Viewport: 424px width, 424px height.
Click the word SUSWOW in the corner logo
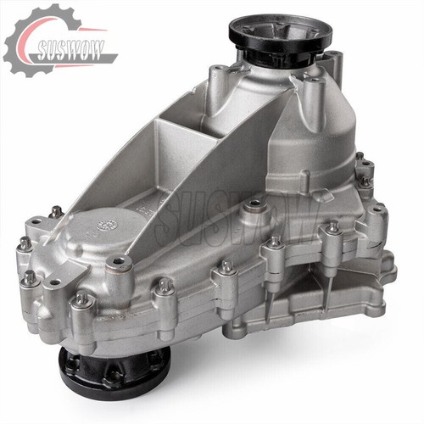[70, 50]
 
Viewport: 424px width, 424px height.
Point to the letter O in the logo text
[85, 50]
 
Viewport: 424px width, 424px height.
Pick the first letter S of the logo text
[43, 51]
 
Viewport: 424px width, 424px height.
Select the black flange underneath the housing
[114, 371]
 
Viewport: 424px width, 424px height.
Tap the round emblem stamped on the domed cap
[107, 225]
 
